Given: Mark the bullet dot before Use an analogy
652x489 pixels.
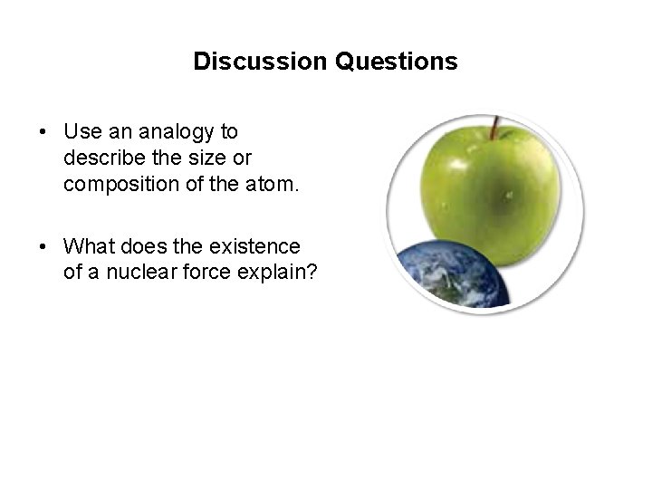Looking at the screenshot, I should coord(43,132).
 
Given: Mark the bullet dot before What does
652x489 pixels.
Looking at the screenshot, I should coord(43,245).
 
